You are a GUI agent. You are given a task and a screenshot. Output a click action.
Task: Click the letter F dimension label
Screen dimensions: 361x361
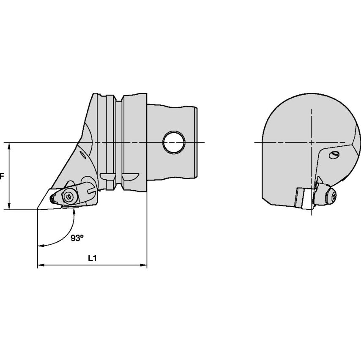point(2,176)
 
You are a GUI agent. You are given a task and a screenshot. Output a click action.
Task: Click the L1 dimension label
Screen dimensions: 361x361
point(92,258)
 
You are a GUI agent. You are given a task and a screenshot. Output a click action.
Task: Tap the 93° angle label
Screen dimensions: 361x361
point(77,238)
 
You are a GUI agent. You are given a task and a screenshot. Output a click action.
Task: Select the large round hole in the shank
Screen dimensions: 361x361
point(174,142)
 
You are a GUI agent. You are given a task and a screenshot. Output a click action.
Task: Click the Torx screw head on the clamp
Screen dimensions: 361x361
point(68,197)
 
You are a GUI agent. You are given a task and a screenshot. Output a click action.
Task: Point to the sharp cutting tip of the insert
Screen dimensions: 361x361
point(38,209)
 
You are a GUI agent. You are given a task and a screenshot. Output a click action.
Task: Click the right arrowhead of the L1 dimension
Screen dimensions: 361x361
point(144,265)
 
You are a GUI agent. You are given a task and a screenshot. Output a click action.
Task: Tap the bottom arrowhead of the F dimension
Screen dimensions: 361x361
point(9,206)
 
